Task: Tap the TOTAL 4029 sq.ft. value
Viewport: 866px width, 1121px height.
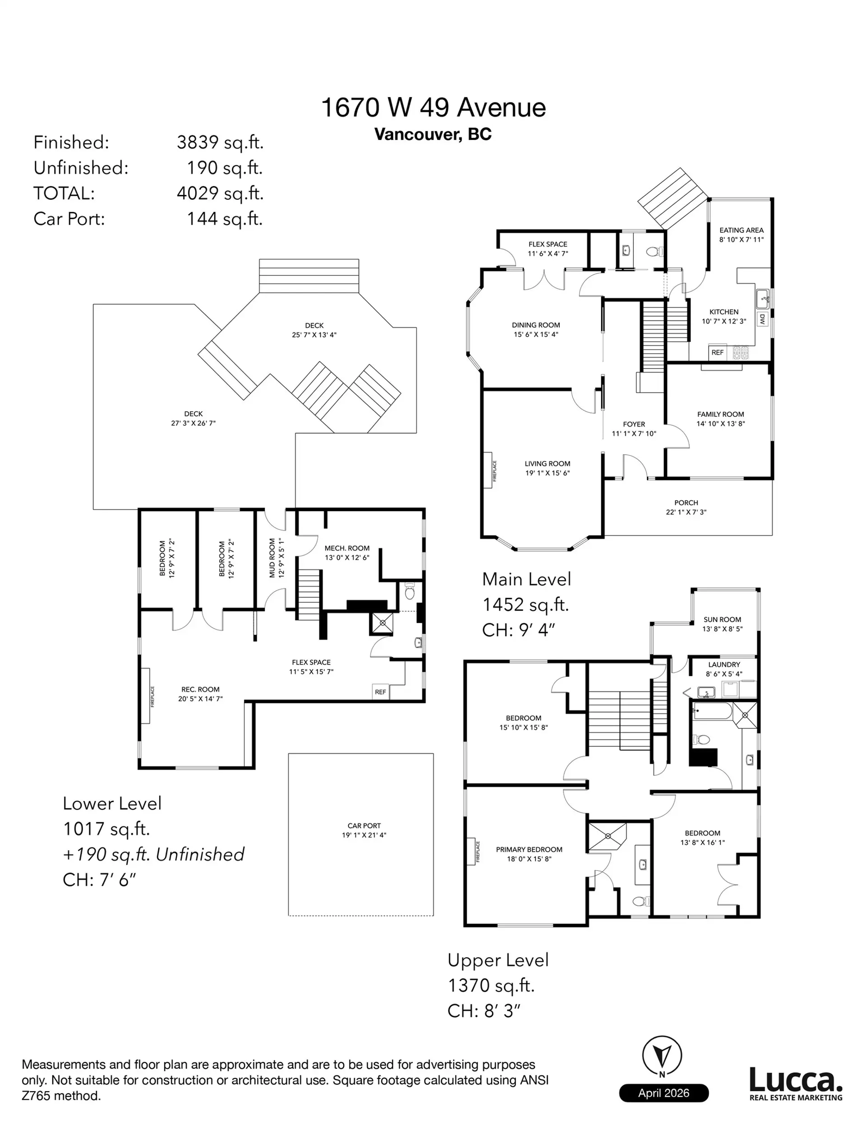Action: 220,194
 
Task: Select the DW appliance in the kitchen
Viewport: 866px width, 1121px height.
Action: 762,319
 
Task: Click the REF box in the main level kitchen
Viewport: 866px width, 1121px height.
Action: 717,353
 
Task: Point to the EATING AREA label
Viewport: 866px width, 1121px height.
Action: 741,235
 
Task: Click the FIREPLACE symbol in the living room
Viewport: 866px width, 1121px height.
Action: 488,470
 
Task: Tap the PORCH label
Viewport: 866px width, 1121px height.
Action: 686,507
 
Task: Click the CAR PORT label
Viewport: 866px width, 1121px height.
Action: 364,830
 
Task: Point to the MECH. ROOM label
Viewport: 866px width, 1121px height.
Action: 346,552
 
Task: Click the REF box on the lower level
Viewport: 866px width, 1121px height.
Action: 380,692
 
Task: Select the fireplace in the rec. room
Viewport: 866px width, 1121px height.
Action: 146,696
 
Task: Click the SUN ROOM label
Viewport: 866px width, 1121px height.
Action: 722,623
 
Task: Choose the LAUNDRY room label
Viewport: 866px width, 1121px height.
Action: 724,669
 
